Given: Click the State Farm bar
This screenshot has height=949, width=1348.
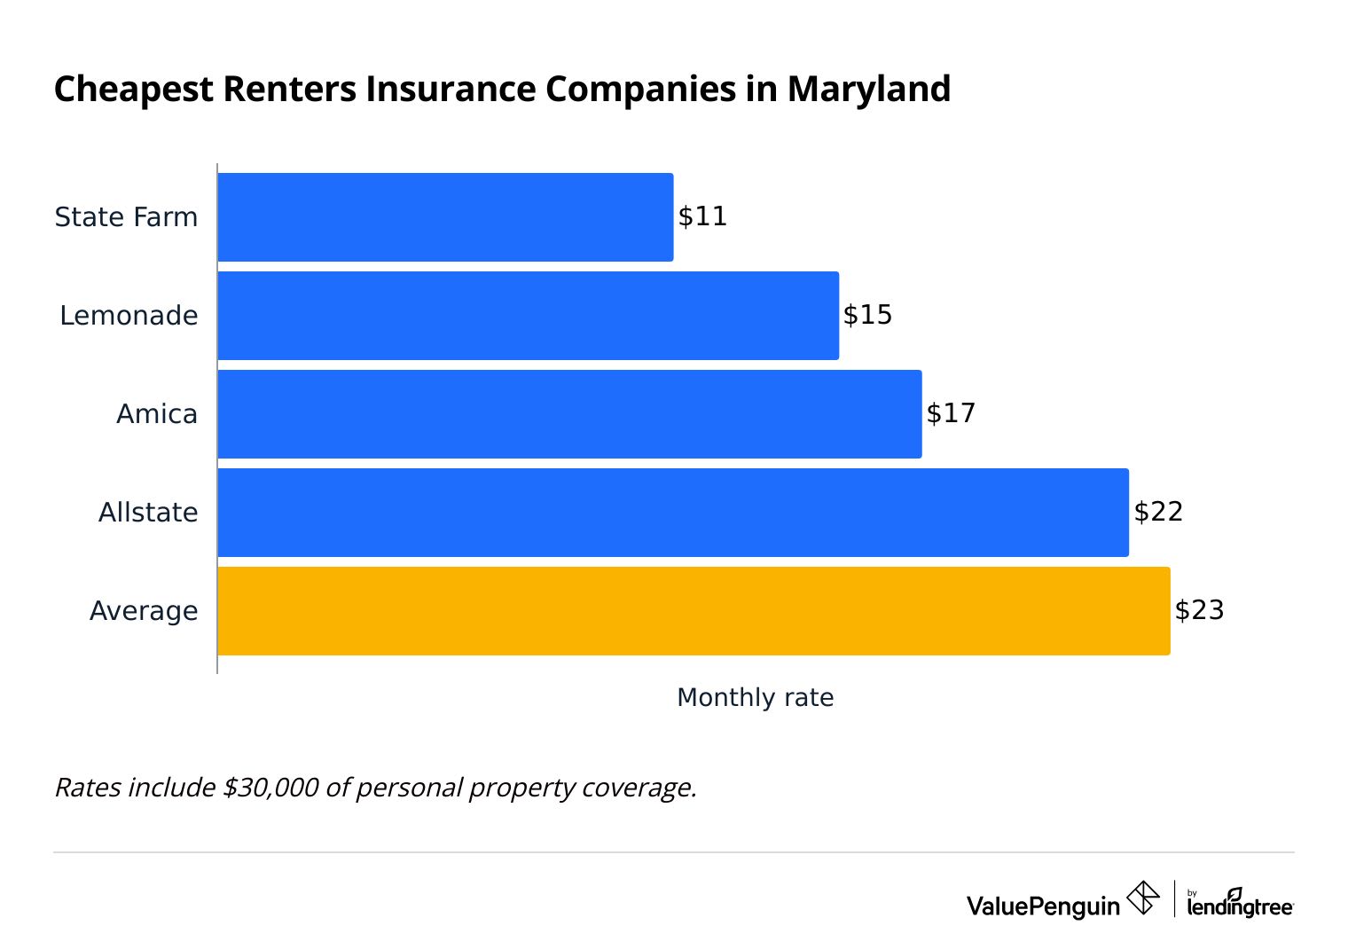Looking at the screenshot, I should click(x=445, y=217).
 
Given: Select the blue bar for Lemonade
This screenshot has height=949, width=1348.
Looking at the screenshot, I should click(x=528, y=316).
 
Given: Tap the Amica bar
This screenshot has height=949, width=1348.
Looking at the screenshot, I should click(x=569, y=414).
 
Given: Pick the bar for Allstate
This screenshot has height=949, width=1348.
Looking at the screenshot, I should click(x=673, y=513).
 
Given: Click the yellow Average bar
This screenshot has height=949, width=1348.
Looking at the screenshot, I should click(x=694, y=611).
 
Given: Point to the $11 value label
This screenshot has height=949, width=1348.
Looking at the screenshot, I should click(x=702, y=216).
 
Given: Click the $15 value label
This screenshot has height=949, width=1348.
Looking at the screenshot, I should click(x=867, y=315).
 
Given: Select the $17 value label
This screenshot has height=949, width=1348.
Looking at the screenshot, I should click(x=951, y=413).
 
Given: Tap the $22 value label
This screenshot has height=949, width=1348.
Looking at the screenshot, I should click(x=1158, y=512).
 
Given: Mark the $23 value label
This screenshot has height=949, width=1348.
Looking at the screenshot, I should click(x=1199, y=610).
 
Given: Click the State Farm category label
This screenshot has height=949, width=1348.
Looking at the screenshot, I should click(x=126, y=217).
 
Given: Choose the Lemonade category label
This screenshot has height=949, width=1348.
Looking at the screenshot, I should click(x=129, y=316).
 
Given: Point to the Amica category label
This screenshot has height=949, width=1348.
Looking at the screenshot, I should click(x=157, y=414).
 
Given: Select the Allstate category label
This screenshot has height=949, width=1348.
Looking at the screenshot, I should click(x=148, y=513).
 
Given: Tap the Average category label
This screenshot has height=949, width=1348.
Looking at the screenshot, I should click(x=144, y=611).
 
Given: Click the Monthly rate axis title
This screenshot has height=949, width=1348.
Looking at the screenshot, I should click(x=755, y=698).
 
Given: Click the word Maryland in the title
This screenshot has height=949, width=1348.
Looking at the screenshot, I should click(x=868, y=90).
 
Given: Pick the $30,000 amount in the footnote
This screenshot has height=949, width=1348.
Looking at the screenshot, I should click(x=270, y=788).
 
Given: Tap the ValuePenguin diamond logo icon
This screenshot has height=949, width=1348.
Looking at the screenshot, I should click(x=1142, y=898).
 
